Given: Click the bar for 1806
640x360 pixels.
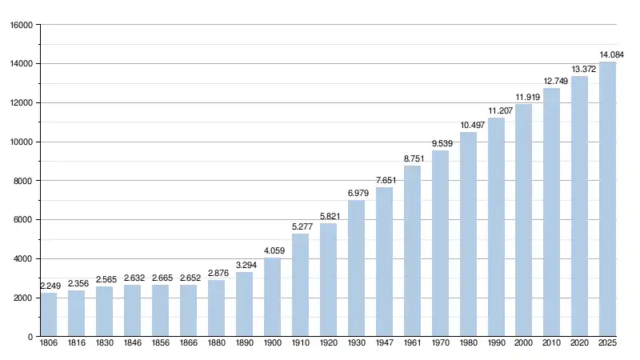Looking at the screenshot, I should click(x=49, y=314).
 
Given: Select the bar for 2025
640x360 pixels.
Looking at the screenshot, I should click(x=608, y=199).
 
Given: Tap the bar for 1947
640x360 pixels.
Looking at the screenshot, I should click(x=384, y=262).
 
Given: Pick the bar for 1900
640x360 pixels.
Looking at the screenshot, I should click(x=272, y=297).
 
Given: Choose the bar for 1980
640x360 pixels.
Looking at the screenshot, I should click(x=468, y=234).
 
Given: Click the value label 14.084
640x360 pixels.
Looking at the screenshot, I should click(x=612, y=54).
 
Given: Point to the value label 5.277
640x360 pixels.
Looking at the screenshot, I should click(x=301, y=226).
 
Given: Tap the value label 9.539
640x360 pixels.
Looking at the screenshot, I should click(x=441, y=143).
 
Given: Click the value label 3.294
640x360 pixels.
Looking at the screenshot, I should click(x=245, y=265).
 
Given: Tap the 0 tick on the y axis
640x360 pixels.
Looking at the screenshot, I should click(x=30, y=337).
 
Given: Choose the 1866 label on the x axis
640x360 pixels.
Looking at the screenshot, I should click(x=188, y=342).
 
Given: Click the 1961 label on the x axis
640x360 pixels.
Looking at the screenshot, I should click(x=412, y=342).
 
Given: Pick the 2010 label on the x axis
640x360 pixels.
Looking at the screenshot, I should click(x=552, y=342).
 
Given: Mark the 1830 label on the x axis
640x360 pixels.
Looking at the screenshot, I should click(x=105, y=342).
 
